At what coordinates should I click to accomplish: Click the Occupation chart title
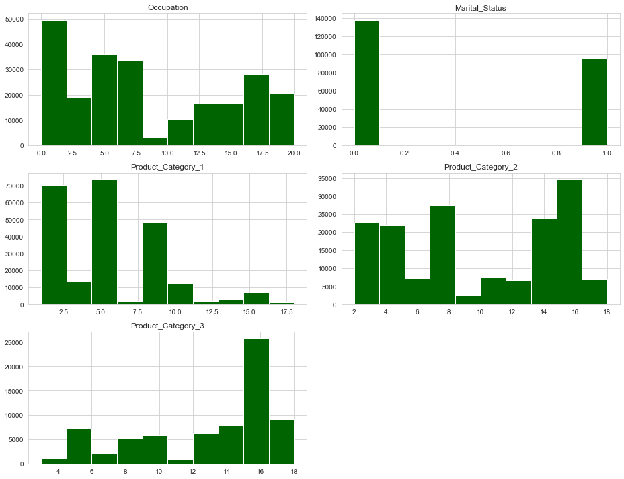(167, 7)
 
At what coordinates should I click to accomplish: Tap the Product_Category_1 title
(167, 167)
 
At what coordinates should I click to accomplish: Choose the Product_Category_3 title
(167, 326)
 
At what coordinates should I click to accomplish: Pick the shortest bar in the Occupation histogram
(155, 141)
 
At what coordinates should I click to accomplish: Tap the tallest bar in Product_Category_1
(104, 242)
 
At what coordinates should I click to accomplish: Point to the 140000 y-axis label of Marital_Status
(325, 18)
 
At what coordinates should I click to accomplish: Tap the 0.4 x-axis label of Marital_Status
(455, 153)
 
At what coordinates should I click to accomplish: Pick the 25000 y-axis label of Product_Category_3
(14, 342)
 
